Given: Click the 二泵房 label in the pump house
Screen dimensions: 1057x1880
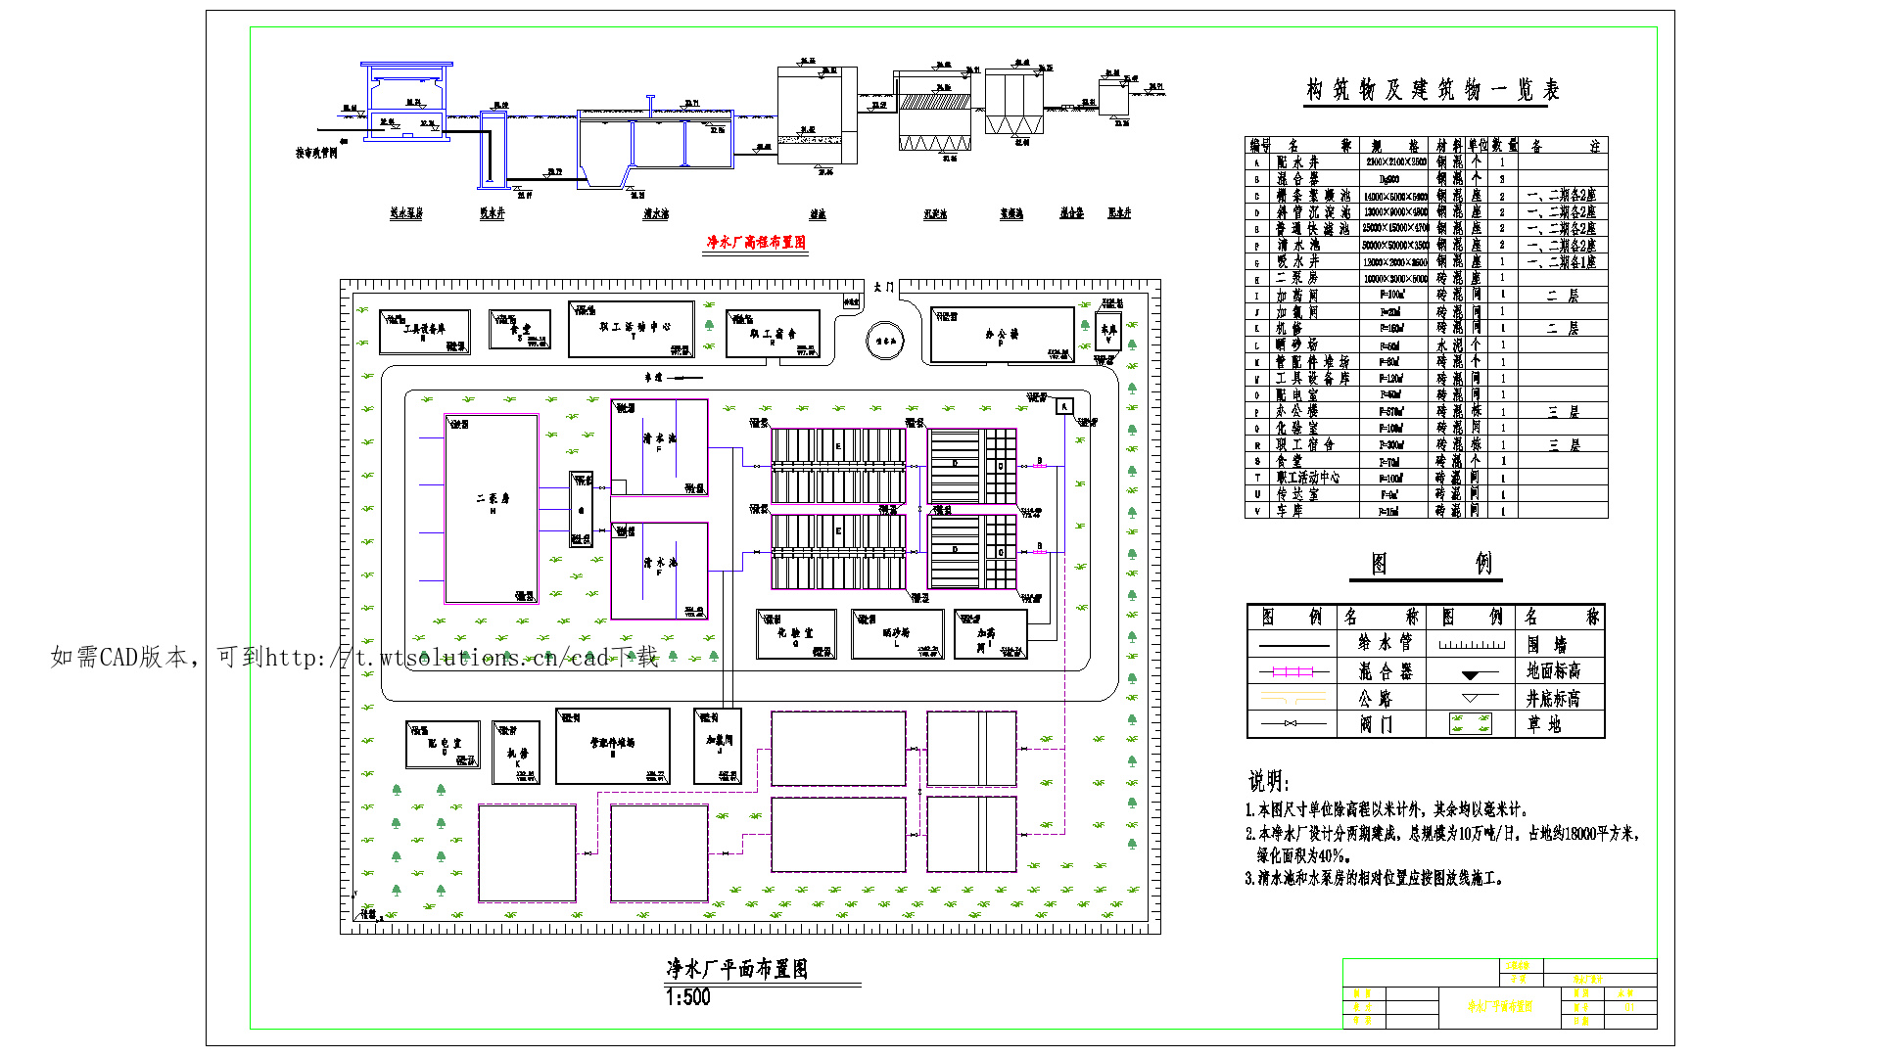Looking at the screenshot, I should point(493,498).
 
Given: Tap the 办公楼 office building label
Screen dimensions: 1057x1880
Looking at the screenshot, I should point(1002,334).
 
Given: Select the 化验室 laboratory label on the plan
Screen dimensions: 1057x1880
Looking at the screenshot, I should point(795,633).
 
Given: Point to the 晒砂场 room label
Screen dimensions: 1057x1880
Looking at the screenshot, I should point(896,633).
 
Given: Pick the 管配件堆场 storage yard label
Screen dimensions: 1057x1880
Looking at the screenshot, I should point(612,743).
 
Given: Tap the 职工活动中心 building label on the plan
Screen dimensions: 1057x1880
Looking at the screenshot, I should point(634,327).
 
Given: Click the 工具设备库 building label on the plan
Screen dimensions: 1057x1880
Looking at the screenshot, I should point(424,329).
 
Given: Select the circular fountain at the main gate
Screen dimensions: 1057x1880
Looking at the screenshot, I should point(885,342).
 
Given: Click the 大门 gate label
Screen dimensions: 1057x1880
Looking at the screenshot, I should point(883,287).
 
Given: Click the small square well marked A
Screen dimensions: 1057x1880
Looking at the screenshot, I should point(1064,406).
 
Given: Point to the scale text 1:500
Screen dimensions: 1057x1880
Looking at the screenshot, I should point(687,997).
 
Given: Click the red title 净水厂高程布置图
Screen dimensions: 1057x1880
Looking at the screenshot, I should point(756,242).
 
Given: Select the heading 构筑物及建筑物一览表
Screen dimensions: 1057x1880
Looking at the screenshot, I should point(1432,90).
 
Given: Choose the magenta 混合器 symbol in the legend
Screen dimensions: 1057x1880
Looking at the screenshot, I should point(1292,671).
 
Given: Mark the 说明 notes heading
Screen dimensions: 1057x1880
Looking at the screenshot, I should point(1268,781).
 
